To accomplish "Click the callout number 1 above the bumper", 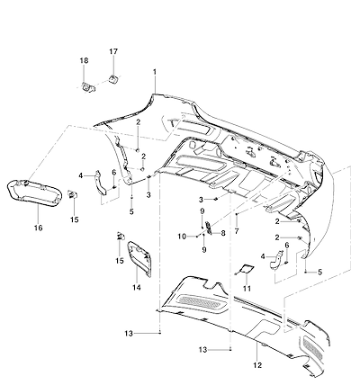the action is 155,72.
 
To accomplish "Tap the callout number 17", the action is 113,51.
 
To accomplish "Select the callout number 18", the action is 84,60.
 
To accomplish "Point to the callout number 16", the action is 39,228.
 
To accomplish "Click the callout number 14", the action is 137,288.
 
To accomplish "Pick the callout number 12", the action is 257,365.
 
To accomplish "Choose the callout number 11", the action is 247,289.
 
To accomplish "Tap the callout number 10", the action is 182,237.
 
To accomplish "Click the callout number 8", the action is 223,233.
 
